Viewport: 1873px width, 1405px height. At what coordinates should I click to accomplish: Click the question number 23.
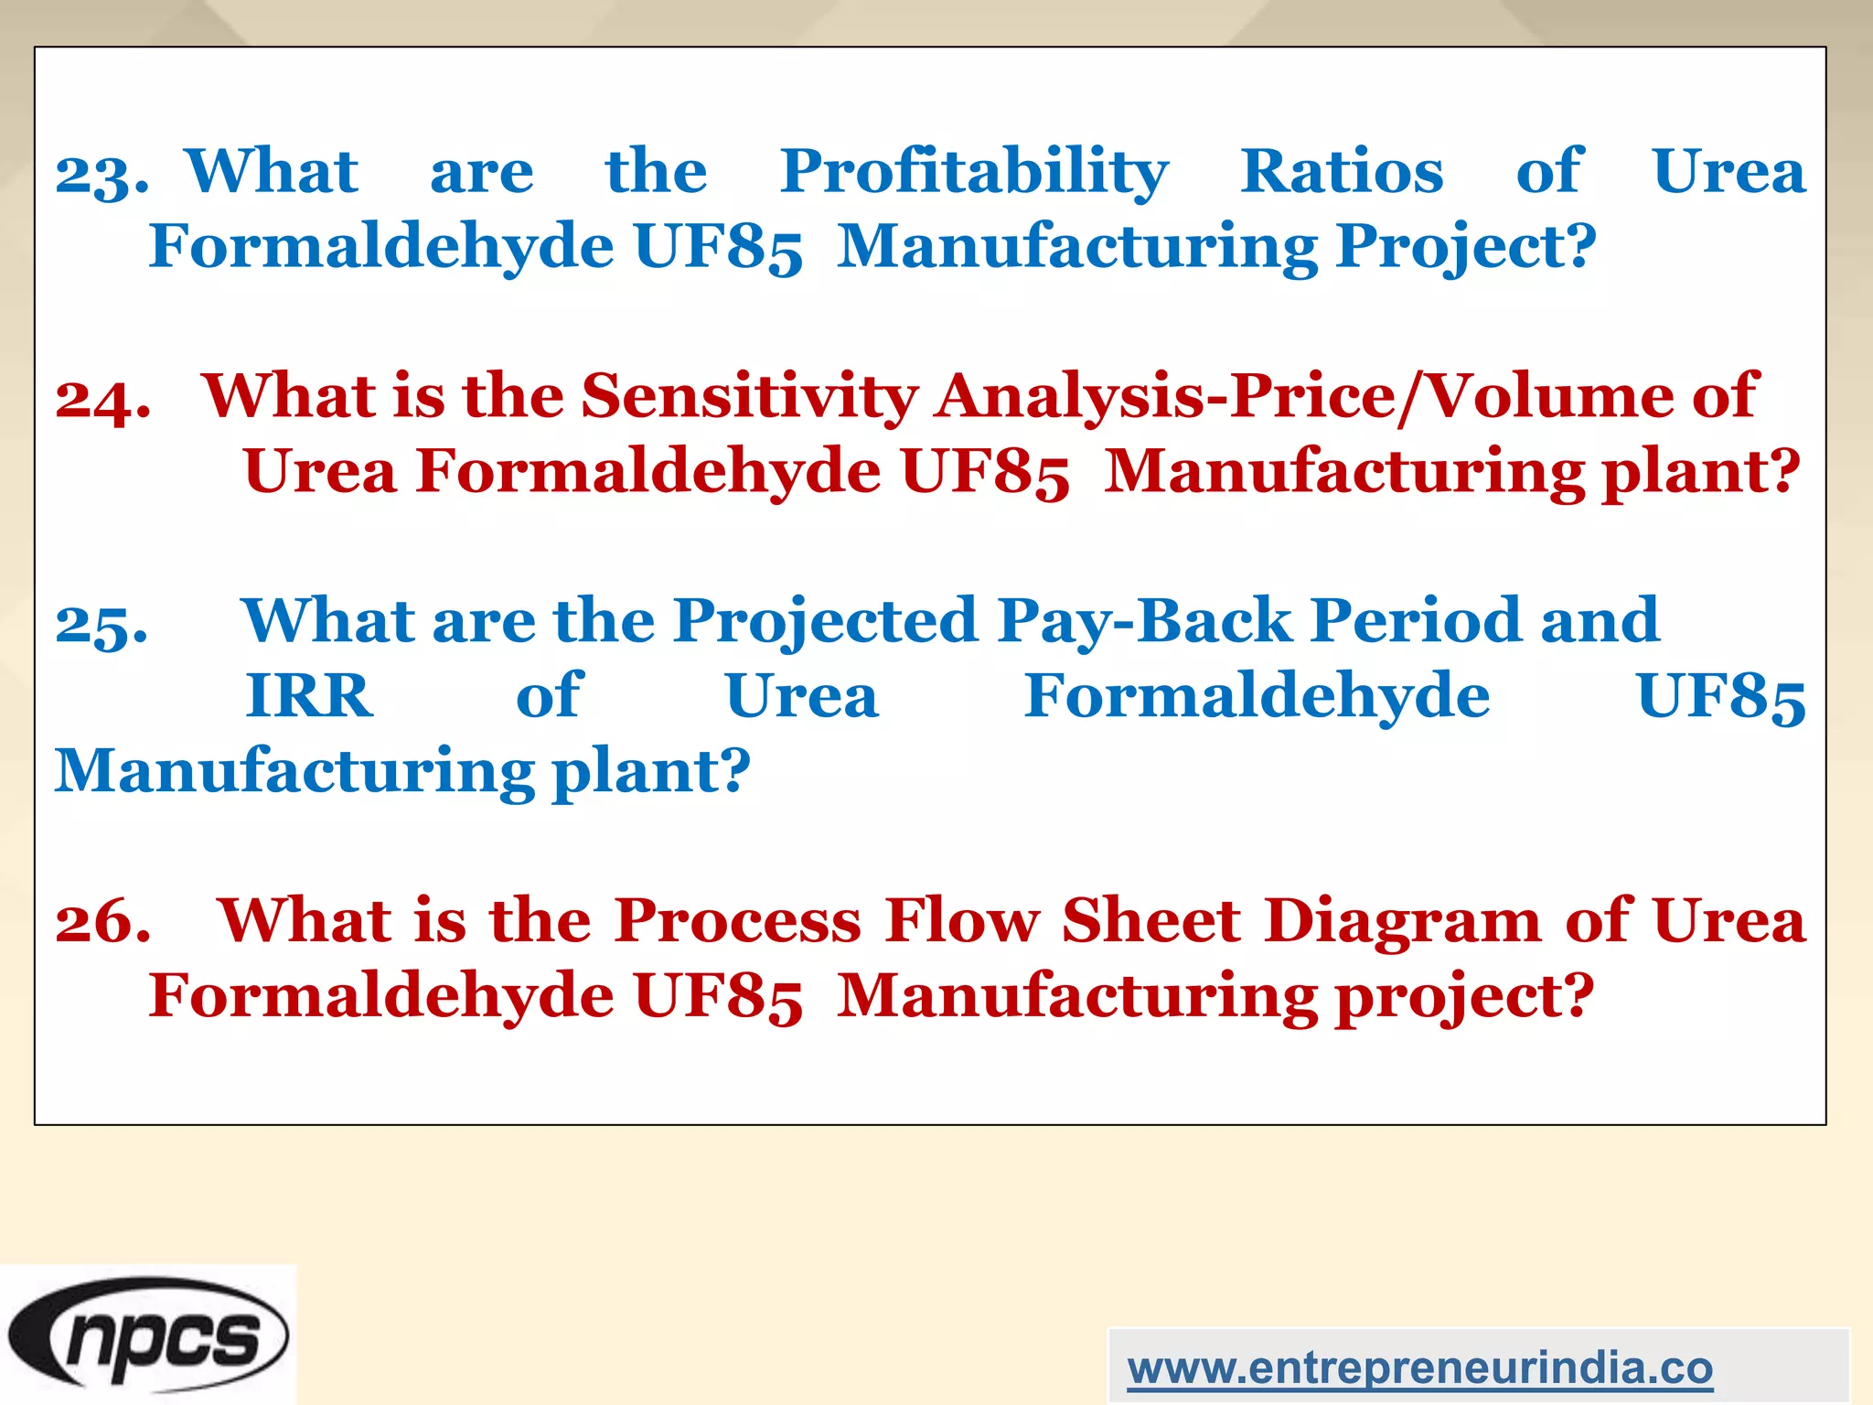pyautogui.click(x=101, y=173)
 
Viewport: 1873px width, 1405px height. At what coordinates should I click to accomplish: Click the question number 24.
pyautogui.click(x=102, y=399)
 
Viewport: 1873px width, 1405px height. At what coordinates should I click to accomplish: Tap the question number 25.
pyautogui.click(x=101, y=624)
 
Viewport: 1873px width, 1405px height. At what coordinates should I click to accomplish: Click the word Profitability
pyautogui.click(x=974, y=173)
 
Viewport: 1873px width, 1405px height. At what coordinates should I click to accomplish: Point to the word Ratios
pyautogui.click(x=1342, y=171)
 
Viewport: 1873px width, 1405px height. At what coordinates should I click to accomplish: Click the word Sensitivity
pyautogui.click(x=750, y=398)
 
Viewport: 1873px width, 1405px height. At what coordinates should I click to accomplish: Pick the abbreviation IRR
pyautogui.click(x=309, y=696)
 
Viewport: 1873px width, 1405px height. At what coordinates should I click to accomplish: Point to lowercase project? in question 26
pyautogui.click(x=1464, y=998)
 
